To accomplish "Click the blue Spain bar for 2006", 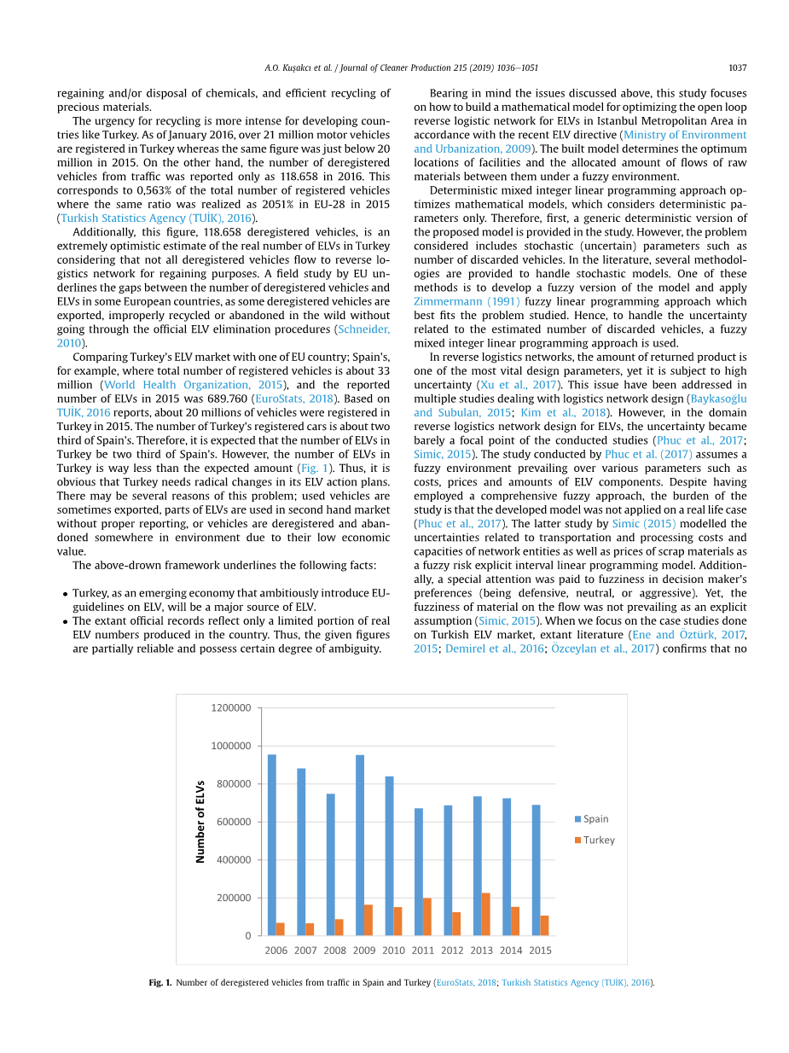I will coord(271,845).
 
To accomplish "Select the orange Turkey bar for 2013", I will coord(485,914).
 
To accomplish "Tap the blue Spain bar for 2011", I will coord(418,871).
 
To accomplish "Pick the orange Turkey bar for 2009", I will coord(368,920).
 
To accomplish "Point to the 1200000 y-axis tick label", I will coord(230,708).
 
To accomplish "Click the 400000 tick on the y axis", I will coord(233,860).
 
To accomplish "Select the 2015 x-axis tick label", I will coord(540,951).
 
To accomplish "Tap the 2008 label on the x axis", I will coord(334,951).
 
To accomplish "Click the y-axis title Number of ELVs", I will coord(200,822).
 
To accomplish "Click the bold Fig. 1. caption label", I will coord(160,983).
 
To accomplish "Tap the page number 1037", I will coord(737,68).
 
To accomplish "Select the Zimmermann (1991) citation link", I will coord(467,302).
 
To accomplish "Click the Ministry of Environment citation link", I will coord(685,135).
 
